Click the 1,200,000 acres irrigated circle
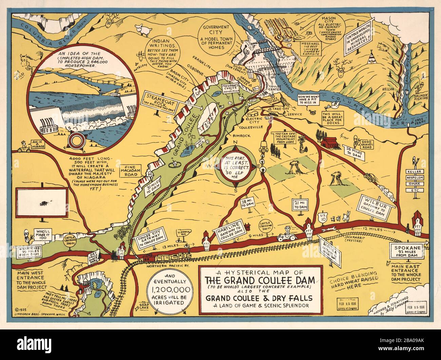(168, 291)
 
